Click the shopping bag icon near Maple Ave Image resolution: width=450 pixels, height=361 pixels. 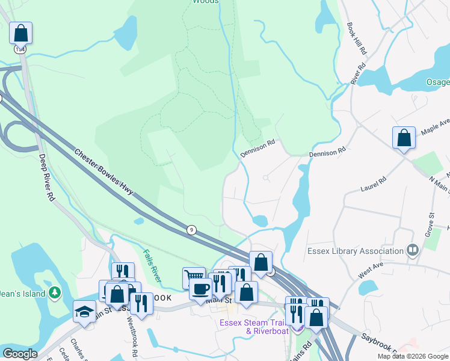tap(404, 138)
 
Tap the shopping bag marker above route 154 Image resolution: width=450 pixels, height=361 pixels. tap(20, 32)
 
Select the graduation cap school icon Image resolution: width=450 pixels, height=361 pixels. tap(84, 311)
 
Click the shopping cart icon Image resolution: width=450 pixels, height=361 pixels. tap(194, 277)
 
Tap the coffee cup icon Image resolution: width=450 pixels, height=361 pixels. tap(200, 288)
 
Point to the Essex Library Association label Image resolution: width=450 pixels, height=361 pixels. tap(355, 251)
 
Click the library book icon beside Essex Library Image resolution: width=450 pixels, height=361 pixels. tap(413, 250)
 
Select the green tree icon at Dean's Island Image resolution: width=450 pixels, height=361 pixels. tap(55, 292)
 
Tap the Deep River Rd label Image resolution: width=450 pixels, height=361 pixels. tap(47, 178)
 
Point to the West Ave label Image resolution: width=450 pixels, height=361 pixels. tap(371, 270)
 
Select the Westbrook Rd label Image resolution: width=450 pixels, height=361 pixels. tap(132, 329)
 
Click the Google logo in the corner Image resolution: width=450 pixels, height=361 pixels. tap(20, 354)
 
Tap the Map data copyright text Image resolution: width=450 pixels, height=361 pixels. tap(413, 356)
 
